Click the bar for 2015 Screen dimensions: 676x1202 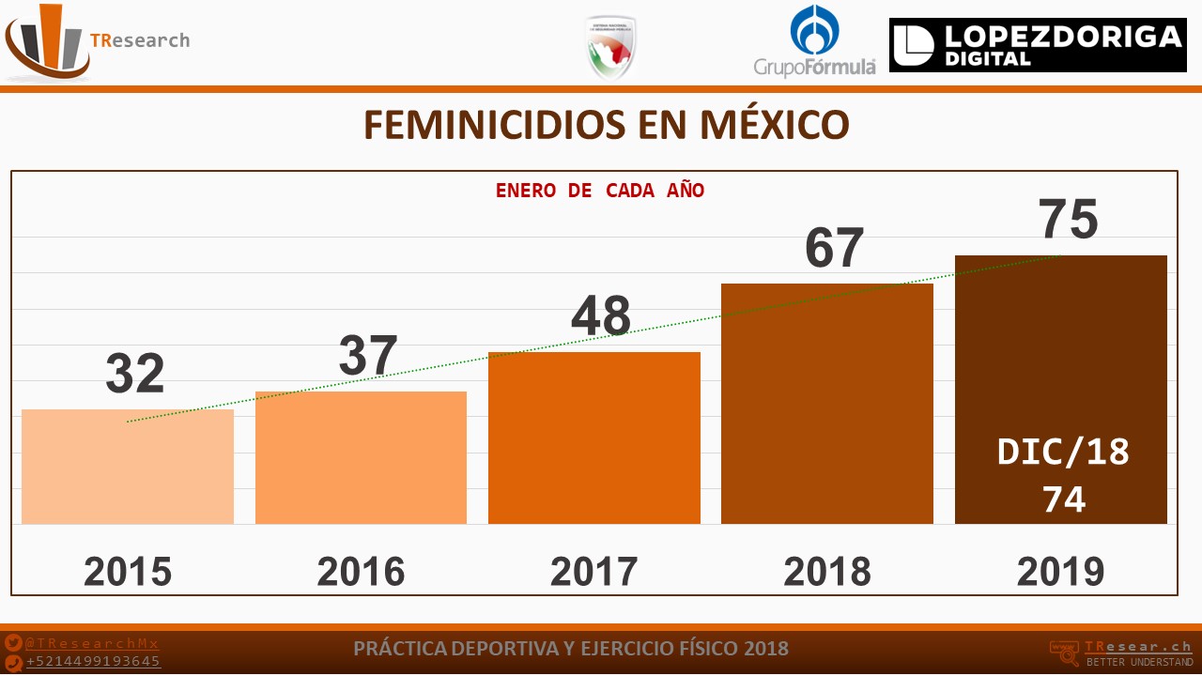(x=128, y=467)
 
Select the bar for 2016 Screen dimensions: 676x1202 (x=361, y=457)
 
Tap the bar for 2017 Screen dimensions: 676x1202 (x=593, y=438)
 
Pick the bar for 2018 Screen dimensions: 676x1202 (x=826, y=404)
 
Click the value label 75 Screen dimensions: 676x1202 (x=1069, y=220)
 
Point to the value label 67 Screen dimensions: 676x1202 (x=834, y=248)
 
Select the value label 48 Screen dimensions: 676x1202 (x=601, y=316)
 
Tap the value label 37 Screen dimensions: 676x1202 (x=368, y=356)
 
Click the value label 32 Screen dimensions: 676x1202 (x=134, y=374)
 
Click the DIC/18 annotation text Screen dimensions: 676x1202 (x=1063, y=453)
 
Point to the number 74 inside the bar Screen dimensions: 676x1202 (x=1063, y=499)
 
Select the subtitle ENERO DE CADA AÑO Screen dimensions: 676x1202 (x=600, y=191)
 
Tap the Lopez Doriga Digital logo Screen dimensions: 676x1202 (x=1037, y=45)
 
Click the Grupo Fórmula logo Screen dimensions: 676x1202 (x=814, y=41)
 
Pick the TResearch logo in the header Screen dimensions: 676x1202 (x=97, y=41)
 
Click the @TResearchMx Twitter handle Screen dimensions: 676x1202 (x=92, y=644)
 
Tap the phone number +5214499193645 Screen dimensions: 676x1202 (x=93, y=662)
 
